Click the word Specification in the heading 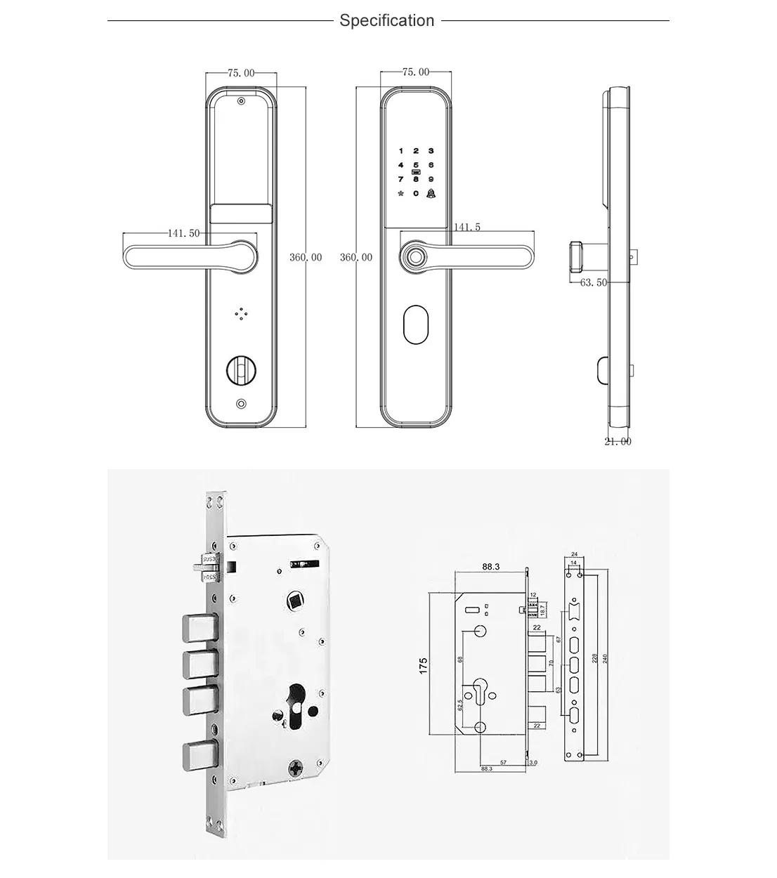click(x=387, y=20)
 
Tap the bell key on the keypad click(x=431, y=193)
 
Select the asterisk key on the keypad click(x=400, y=193)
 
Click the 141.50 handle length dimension click(x=184, y=233)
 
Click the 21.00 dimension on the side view click(x=618, y=441)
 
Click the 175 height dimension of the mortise click(x=424, y=666)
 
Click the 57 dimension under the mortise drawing click(x=503, y=761)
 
